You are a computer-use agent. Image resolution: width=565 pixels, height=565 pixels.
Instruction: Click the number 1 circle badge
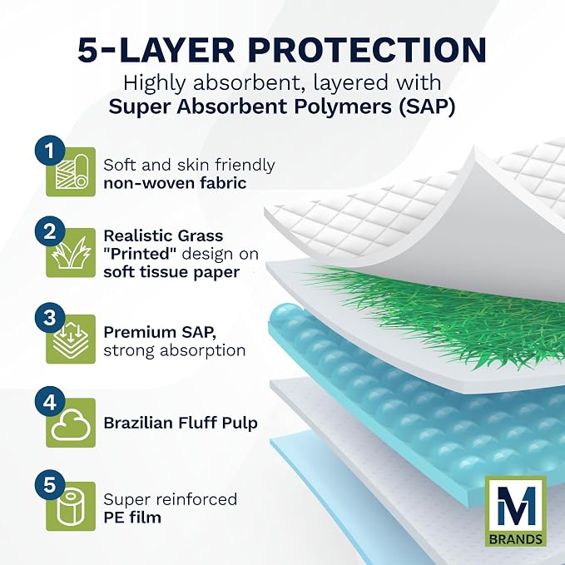point(50,151)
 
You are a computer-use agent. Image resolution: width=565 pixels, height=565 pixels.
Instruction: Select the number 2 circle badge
point(50,231)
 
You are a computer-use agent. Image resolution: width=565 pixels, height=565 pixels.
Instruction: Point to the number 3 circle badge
point(50,318)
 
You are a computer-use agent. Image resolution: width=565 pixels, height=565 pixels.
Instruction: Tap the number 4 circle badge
point(50,401)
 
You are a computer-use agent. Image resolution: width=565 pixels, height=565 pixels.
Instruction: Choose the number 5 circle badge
point(50,485)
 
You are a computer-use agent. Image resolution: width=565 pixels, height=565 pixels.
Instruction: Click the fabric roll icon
point(72,173)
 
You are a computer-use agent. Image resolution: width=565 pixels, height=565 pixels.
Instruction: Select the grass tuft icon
point(71,253)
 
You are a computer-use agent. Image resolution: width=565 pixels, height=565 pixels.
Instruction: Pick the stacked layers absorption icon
point(71,339)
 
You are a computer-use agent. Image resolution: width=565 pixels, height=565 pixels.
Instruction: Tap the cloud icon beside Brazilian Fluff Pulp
point(71,425)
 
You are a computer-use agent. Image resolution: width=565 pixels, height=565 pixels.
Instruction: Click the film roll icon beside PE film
point(71,508)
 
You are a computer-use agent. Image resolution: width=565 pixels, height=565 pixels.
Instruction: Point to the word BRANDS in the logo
point(516,539)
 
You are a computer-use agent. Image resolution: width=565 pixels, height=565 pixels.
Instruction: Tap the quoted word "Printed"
point(140,254)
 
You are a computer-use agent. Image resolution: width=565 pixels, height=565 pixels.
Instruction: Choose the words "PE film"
point(132,518)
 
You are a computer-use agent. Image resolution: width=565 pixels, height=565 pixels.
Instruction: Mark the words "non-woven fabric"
point(175,183)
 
